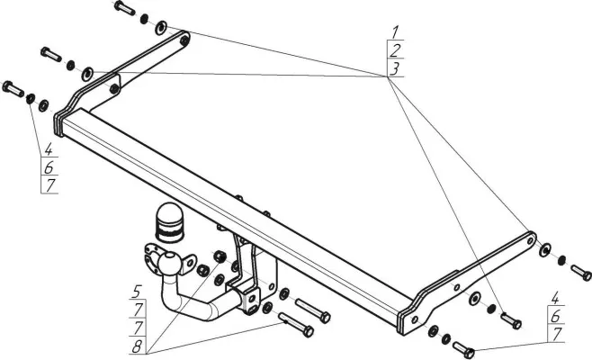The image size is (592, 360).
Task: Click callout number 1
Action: click(395, 31)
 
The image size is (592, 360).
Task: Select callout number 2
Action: click(395, 50)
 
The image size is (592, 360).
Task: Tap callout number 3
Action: click(395, 68)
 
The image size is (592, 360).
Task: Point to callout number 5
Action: click(137, 292)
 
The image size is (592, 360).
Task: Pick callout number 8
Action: click(137, 346)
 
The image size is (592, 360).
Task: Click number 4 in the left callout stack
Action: click(49, 149)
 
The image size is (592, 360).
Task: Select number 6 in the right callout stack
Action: click(555, 317)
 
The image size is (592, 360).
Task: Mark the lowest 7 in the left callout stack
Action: click(49, 185)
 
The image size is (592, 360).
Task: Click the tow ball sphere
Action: click(169, 263)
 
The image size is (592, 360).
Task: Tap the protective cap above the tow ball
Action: click(169, 223)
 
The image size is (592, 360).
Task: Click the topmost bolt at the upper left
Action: click(124, 7)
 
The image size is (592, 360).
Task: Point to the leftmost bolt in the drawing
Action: click(13, 89)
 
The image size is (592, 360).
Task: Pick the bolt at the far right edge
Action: click(581, 273)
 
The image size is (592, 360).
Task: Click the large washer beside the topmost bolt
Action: click(161, 28)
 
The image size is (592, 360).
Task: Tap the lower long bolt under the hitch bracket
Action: click(296, 325)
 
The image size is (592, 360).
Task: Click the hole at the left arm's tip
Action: click(184, 40)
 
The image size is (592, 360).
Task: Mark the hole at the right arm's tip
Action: click(531, 240)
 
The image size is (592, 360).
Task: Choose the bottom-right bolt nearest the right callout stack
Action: click(463, 350)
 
